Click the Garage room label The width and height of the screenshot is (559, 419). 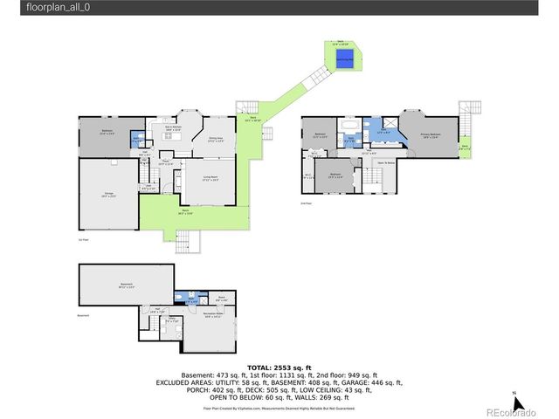[109, 195]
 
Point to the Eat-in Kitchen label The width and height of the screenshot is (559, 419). [174, 128]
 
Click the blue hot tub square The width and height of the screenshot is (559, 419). [344, 58]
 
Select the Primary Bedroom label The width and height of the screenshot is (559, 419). [430, 135]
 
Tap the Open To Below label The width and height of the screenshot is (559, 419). [385, 162]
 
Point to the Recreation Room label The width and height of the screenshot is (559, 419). [213, 314]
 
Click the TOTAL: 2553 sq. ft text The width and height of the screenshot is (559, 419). [279, 368]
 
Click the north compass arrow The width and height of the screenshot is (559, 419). [516, 402]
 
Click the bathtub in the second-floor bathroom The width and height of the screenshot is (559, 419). [349, 139]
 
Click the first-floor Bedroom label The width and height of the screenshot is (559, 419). [107, 133]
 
